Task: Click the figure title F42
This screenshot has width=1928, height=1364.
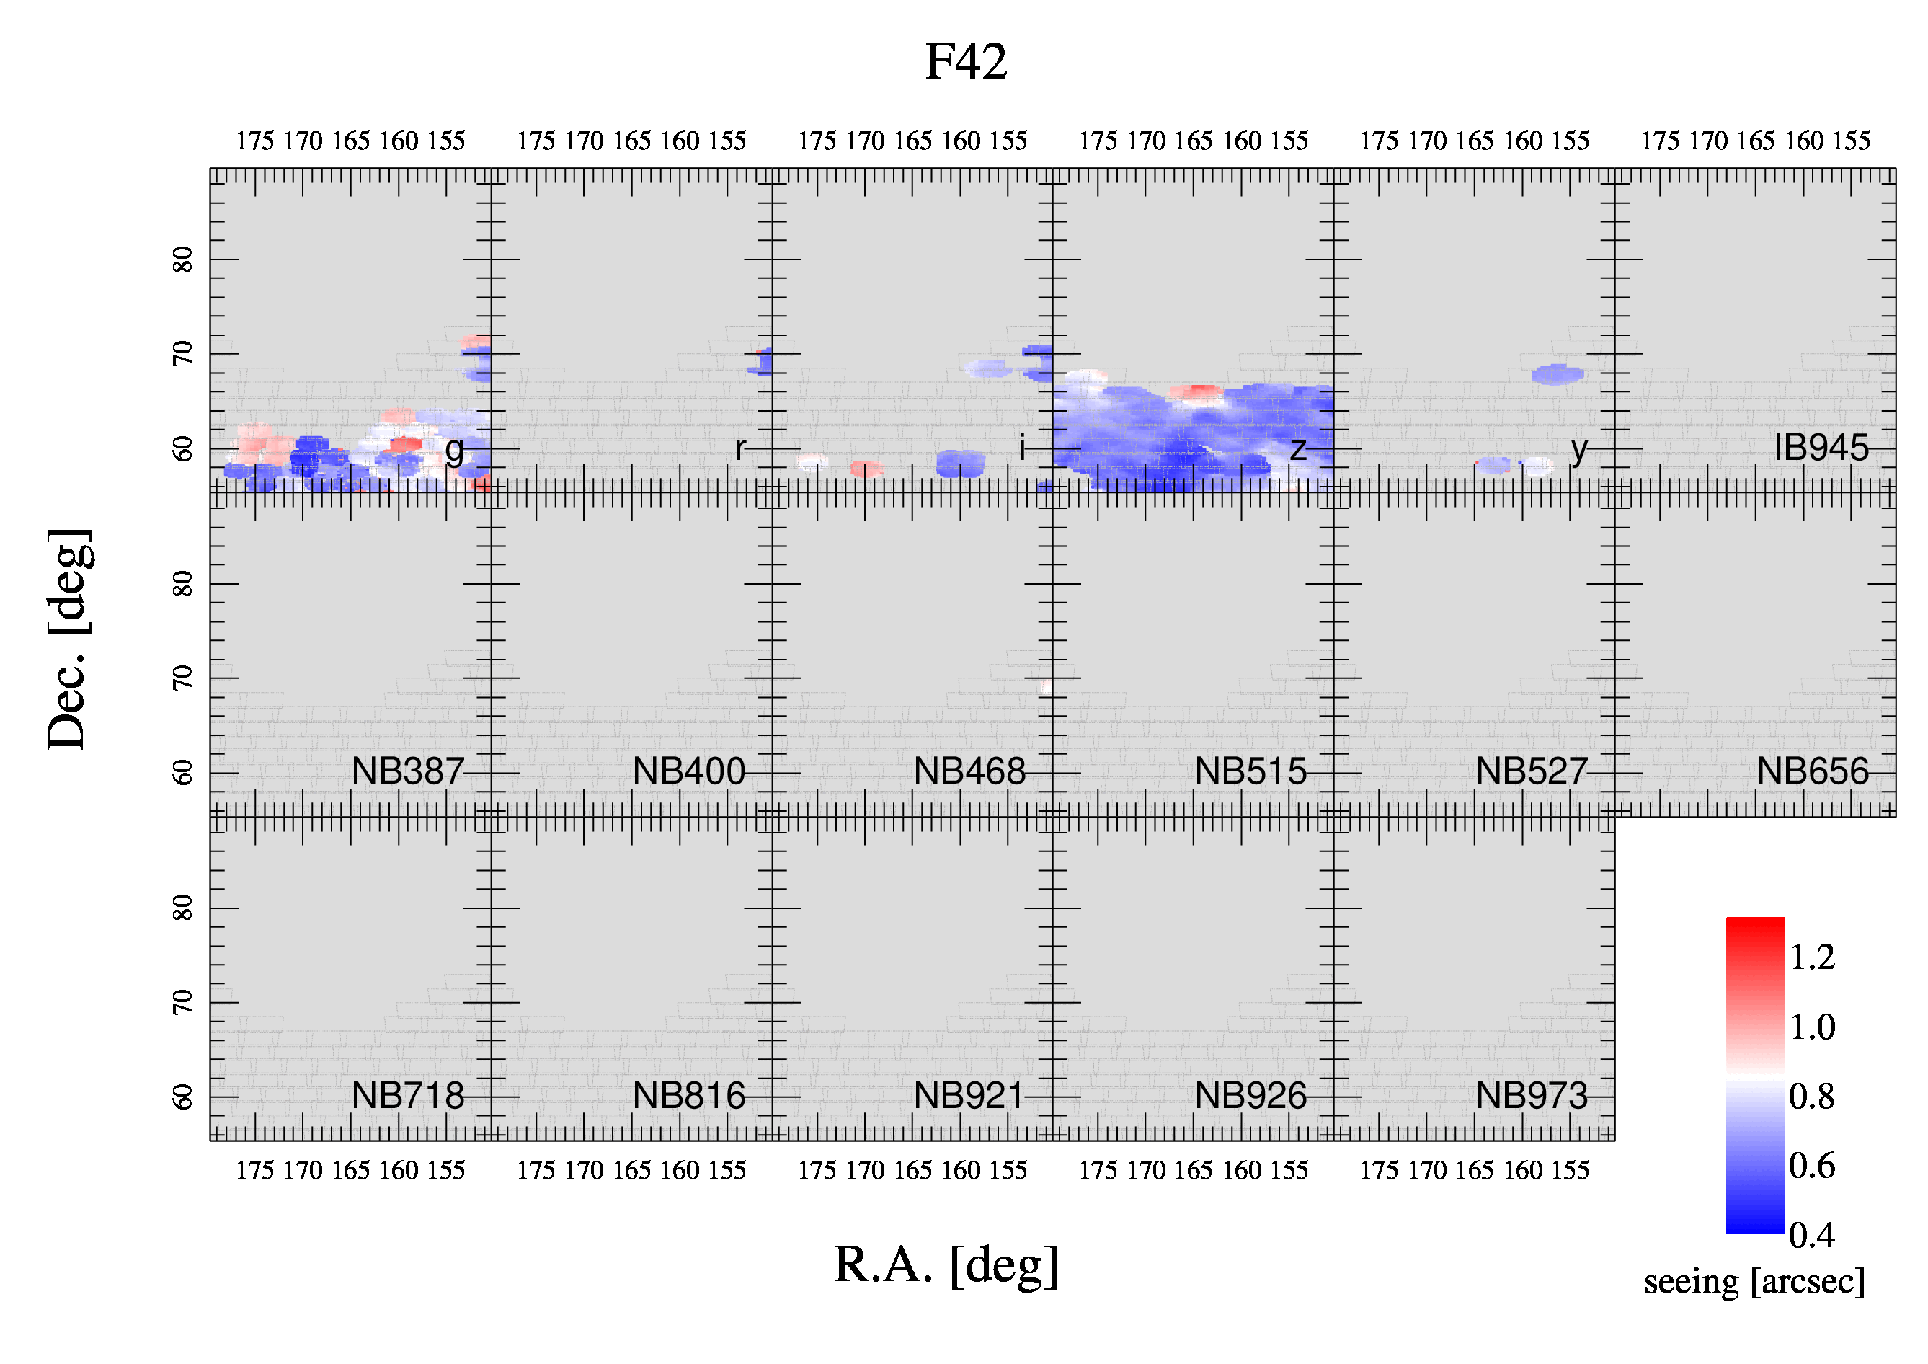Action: coord(966,61)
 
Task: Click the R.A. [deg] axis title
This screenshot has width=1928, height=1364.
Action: coord(946,1265)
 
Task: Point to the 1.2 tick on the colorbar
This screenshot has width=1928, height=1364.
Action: coord(1812,957)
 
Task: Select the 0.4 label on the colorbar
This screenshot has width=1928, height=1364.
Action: coord(1811,1235)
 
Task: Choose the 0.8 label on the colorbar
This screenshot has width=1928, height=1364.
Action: coord(1811,1096)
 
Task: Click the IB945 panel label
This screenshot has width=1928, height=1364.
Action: coord(1821,448)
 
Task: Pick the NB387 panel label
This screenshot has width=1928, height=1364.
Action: coord(408,771)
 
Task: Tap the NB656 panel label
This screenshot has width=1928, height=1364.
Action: coord(1813,771)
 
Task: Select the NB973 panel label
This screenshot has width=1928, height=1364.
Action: coord(1532,1095)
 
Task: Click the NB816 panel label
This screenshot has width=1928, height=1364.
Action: coord(688,1095)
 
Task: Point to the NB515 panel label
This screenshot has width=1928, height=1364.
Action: coord(1250,771)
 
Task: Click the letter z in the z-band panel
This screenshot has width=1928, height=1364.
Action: coord(1298,450)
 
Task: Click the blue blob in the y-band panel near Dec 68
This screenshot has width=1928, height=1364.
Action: coord(1558,375)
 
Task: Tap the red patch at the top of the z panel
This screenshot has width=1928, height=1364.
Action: coord(1196,391)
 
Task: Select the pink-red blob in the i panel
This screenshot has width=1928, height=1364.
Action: coord(866,469)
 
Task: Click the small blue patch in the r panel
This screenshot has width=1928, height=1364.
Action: coord(763,362)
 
